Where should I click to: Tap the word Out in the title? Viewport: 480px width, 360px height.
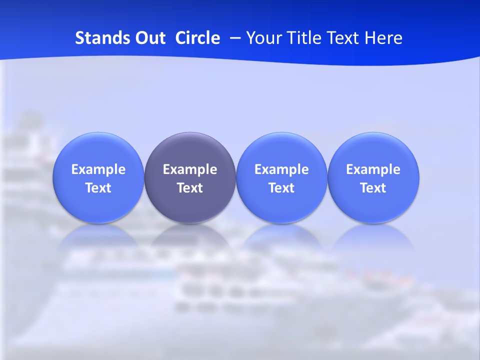coord(149,38)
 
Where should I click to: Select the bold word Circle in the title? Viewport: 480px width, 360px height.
coord(197,38)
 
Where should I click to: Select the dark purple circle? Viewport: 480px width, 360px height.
coord(190,150)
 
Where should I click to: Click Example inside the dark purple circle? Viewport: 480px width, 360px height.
coord(190,169)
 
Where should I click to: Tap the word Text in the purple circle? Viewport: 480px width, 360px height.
coord(190,188)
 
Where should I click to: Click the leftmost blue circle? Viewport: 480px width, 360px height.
coord(98,150)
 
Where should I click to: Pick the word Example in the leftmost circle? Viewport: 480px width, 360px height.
coord(98,169)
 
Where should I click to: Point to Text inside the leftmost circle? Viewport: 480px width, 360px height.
coord(98,188)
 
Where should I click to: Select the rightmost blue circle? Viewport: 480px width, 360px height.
coord(373,150)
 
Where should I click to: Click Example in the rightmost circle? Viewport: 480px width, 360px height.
coord(373,169)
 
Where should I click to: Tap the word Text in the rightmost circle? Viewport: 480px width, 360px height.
coord(373,188)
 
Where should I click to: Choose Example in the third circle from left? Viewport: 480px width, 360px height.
coord(281,169)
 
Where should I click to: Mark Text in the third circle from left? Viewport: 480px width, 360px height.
coord(281,188)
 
